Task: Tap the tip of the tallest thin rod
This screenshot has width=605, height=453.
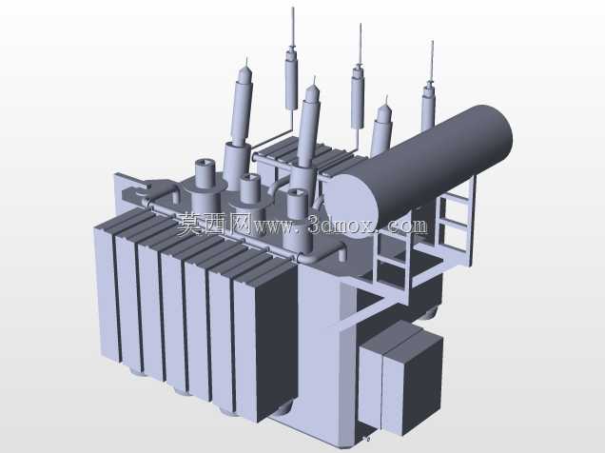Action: pos(292,8)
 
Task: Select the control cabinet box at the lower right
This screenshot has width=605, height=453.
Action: pos(400,378)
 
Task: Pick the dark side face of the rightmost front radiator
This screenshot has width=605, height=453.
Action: pos(276,340)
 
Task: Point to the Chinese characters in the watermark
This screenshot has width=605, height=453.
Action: pos(215,224)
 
